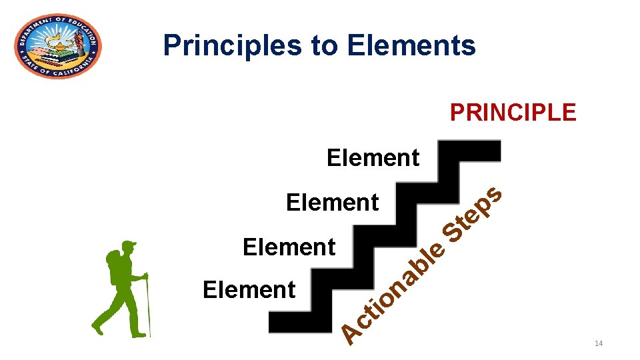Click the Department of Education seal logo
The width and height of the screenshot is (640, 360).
click(x=58, y=45)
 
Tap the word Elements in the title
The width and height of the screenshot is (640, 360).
click(x=411, y=45)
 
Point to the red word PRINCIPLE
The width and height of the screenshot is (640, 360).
click(x=513, y=112)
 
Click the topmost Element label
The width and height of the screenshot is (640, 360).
click(x=373, y=158)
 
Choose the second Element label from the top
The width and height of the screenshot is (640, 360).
click(x=332, y=201)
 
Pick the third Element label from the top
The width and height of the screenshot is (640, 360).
click(x=289, y=247)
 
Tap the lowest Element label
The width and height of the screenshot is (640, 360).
click(x=249, y=290)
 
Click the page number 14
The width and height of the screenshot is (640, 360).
click(x=598, y=343)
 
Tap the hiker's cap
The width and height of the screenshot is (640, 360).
click(x=129, y=245)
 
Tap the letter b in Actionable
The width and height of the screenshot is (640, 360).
click(x=421, y=267)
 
